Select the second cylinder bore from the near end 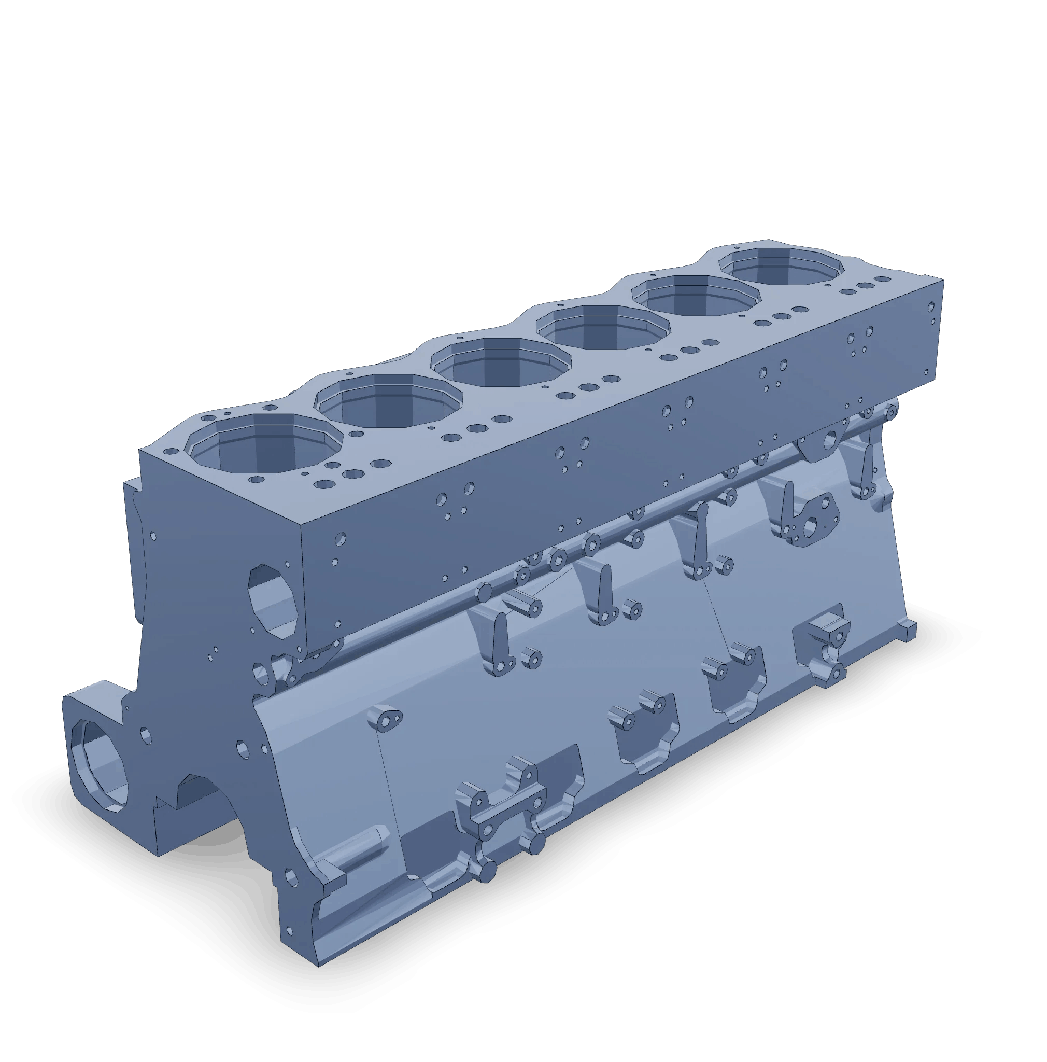click(x=389, y=400)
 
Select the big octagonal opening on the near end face click(x=273, y=600)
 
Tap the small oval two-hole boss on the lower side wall click(x=388, y=718)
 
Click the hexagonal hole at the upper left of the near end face click(x=153, y=536)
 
